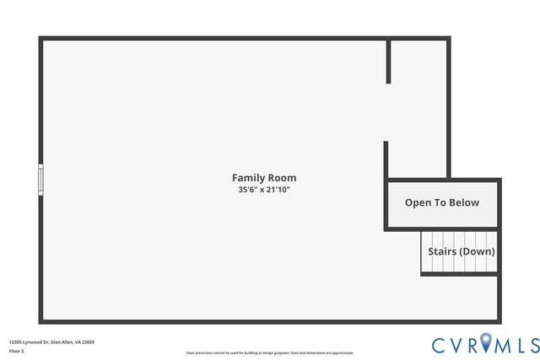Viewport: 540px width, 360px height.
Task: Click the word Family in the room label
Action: (x=248, y=178)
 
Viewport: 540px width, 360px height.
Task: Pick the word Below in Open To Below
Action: (x=463, y=202)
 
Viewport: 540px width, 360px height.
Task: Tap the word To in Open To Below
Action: (x=440, y=202)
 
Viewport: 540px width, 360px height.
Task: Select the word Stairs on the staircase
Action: (x=442, y=251)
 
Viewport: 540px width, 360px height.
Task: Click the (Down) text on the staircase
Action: (x=477, y=251)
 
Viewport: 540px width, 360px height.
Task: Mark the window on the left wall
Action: (x=40, y=180)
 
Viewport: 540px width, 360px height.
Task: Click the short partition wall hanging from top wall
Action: (x=388, y=61)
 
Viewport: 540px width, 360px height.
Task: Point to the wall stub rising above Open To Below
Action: (x=386, y=160)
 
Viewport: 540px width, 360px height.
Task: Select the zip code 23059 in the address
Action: (x=87, y=341)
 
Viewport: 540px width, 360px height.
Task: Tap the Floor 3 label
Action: (x=16, y=351)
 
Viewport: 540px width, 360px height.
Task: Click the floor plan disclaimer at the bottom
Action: (x=270, y=353)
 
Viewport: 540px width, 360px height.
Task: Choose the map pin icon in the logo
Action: (x=485, y=343)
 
